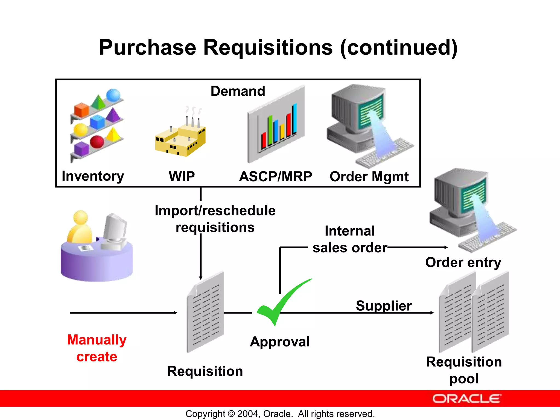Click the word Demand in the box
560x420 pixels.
pyautogui.click(x=238, y=91)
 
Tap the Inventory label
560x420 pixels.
pyautogui.click(x=93, y=176)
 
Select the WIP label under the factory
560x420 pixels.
pyautogui.click(x=182, y=176)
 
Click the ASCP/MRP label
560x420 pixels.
pyautogui.click(x=275, y=176)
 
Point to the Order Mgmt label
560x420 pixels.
pyautogui.click(x=369, y=177)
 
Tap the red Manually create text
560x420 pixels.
pyautogui.click(x=97, y=348)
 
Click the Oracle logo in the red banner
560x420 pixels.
pyautogui.click(x=466, y=399)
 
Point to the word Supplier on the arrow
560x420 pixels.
pyautogui.click(x=384, y=305)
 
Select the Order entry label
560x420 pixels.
pyautogui.click(x=463, y=262)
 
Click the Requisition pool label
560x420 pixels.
pyautogui.click(x=464, y=370)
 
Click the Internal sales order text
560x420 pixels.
pyautogui.click(x=350, y=239)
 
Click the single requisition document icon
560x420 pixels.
pyautogui.click(x=206, y=312)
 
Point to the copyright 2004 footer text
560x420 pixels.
pyautogui.click(x=280, y=414)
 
